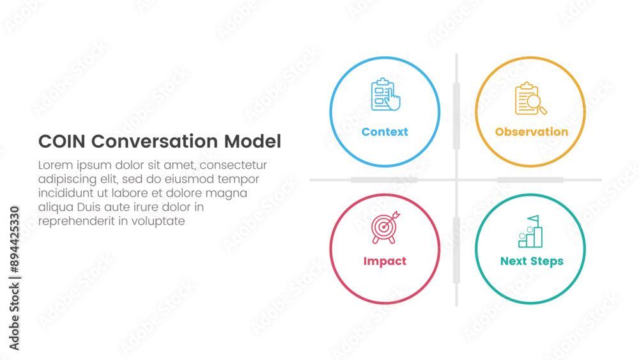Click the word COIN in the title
(x=62, y=141)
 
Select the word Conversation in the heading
(x=155, y=141)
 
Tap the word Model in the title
(x=252, y=141)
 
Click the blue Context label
(x=385, y=132)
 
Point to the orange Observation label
(x=532, y=132)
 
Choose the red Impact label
(x=385, y=261)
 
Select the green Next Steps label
(x=532, y=261)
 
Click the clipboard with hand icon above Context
(x=385, y=94)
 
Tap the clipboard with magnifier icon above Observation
(x=530, y=98)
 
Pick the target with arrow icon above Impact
(x=385, y=228)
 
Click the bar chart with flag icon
(x=530, y=231)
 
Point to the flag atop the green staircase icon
(x=534, y=219)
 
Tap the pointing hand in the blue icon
(x=393, y=100)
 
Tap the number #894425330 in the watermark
(x=15, y=240)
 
